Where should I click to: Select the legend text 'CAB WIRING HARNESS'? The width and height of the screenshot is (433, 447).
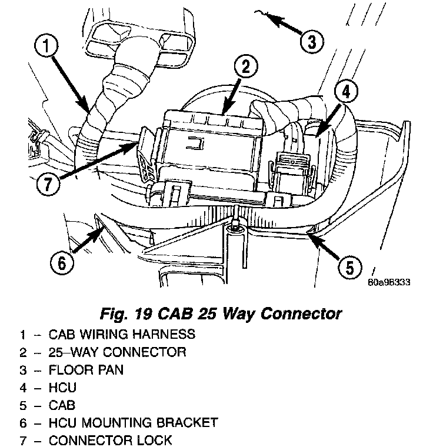point(122,335)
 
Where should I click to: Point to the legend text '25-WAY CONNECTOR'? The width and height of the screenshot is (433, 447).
point(118,352)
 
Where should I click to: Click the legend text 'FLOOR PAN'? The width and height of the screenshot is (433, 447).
point(86,370)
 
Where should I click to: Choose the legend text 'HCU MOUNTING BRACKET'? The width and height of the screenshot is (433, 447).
point(134,422)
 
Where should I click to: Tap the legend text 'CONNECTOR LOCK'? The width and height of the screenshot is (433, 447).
point(111,440)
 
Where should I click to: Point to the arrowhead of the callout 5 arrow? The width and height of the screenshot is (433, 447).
point(310,235)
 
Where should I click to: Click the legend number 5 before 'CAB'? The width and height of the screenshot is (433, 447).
point(22,405)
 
